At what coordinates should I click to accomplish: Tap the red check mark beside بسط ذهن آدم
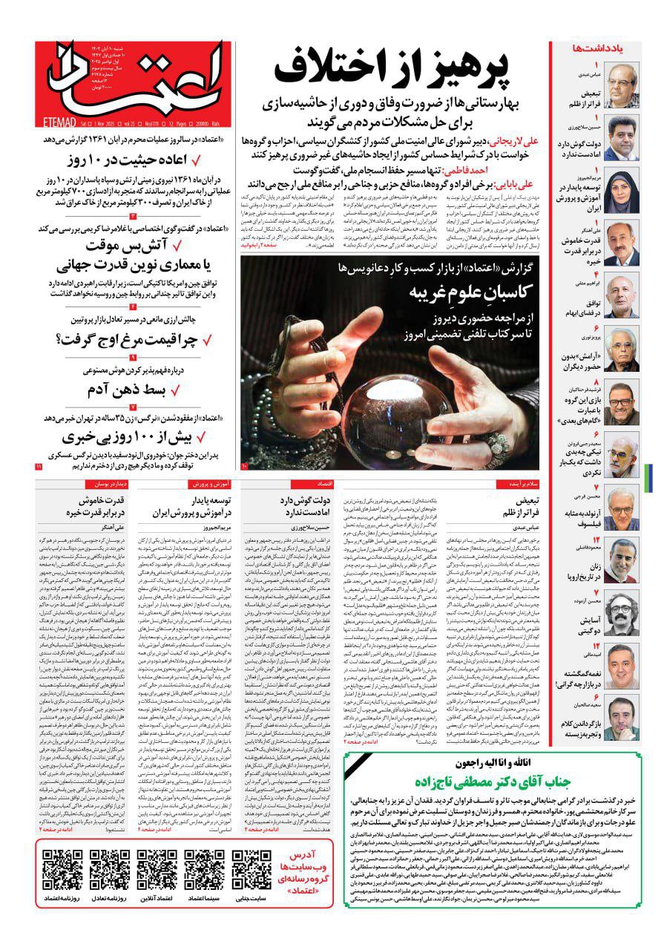pyautogui.click(x=176, y=390)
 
